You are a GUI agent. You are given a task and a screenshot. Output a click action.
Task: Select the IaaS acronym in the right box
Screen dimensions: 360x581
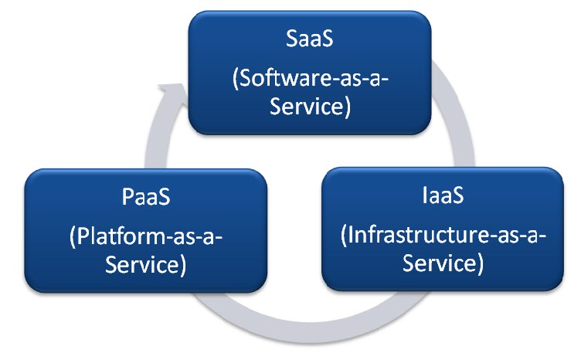coord(443,195)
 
